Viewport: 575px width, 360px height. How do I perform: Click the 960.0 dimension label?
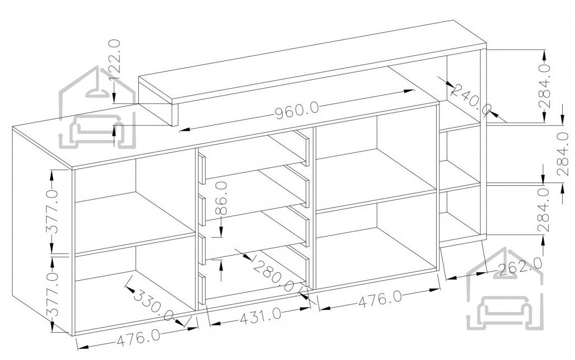(297, 110)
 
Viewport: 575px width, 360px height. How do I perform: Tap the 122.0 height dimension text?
(114, 60)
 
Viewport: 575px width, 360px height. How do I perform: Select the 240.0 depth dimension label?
(472, 100)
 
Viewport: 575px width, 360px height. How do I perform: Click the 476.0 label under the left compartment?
(138, 338)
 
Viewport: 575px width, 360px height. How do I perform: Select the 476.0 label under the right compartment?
(380, 300)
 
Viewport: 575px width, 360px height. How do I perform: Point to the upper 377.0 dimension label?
(52, 212)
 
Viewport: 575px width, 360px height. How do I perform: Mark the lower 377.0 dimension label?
(52, 294)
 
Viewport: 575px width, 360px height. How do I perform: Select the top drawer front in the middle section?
(201, 169)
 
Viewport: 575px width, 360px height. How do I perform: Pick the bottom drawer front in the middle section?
(201, 289)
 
